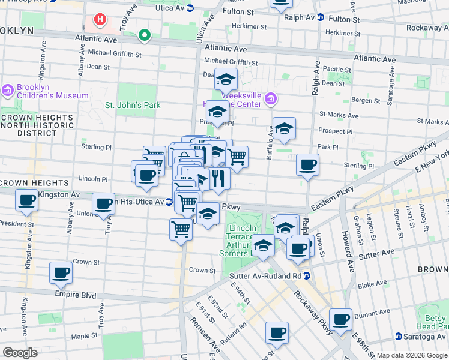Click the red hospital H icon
100,19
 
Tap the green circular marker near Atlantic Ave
144,35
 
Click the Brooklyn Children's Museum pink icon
7,91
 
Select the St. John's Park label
133,105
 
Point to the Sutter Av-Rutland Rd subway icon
307,276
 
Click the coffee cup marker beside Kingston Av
26,201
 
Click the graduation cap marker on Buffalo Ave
284,128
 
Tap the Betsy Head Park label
433,322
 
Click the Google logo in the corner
20,353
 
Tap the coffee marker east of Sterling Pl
307,165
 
